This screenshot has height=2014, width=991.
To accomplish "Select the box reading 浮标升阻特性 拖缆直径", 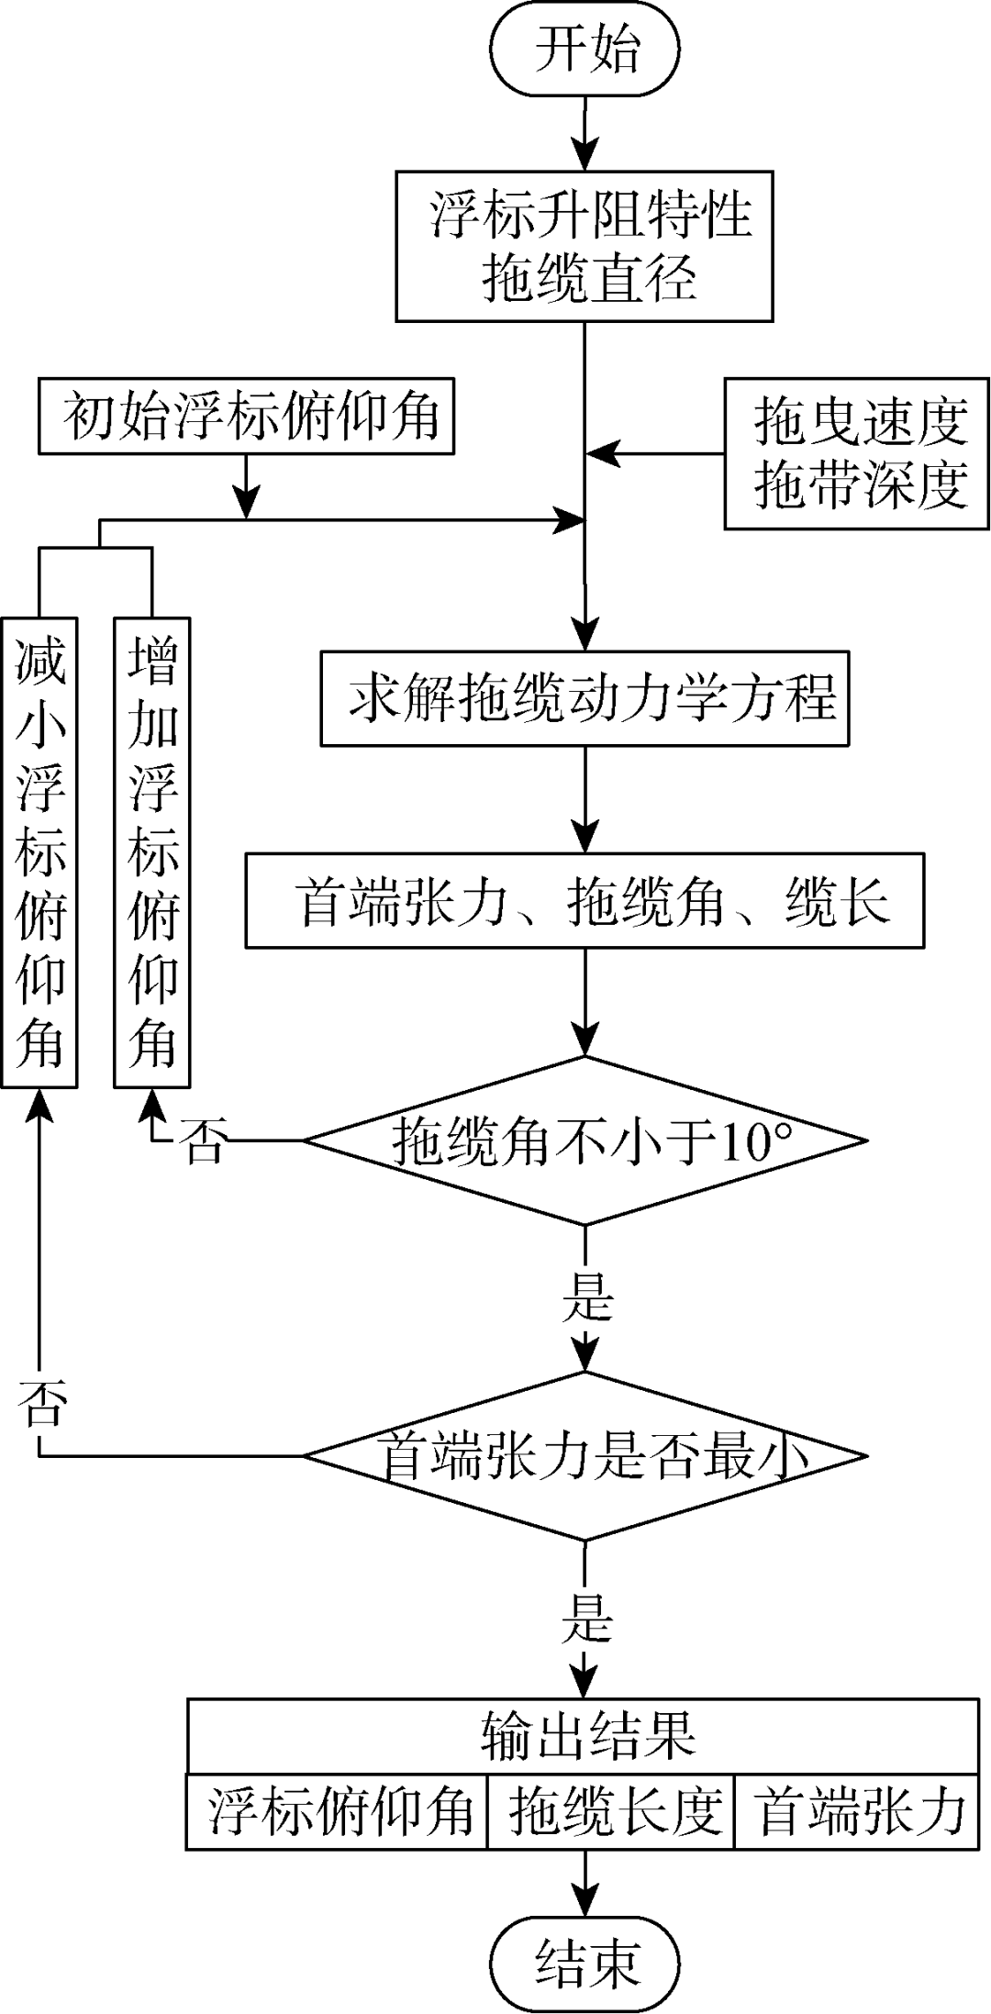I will tap(585, 245).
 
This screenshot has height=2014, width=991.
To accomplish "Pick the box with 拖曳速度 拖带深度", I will tap(857, 453).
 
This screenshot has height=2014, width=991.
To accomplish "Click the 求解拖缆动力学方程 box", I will tap(585, 698).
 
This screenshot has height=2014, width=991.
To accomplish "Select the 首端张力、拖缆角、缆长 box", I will tap(585, 900).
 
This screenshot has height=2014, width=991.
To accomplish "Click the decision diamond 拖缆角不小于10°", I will tap(585, 1141).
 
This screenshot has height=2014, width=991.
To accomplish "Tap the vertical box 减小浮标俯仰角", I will tap(39, 851).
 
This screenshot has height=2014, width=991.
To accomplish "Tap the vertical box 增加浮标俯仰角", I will tap(151, 851).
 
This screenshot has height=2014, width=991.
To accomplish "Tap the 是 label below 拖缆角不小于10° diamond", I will tap(585, 1297).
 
